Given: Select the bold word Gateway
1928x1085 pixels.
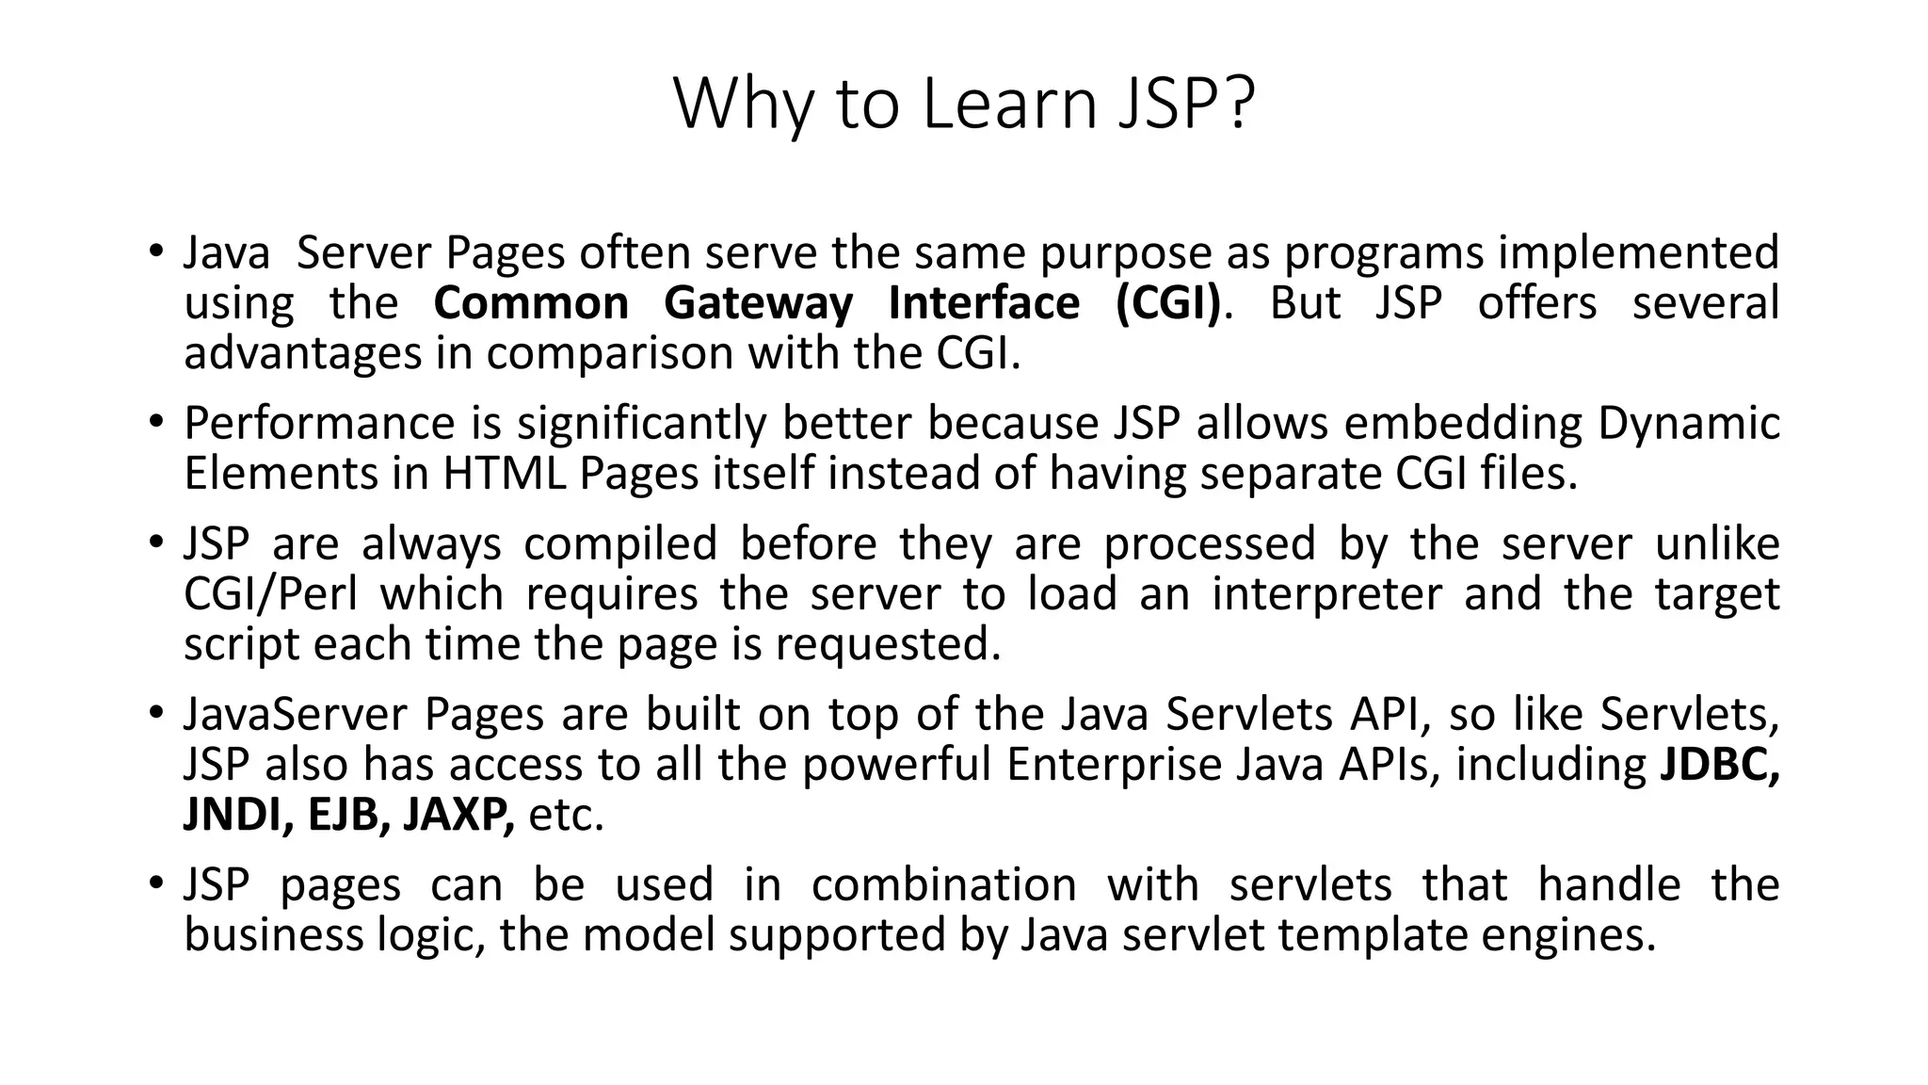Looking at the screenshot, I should [758, 303].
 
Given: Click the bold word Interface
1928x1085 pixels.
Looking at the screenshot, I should [984, 303].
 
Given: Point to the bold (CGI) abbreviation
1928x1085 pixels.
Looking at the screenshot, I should [1167, 303].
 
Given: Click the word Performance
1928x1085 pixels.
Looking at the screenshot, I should [319, 424].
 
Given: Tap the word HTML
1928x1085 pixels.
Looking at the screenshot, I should [504, 473].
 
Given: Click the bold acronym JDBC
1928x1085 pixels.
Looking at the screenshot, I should [1719, 764].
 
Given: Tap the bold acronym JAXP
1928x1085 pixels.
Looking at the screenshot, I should [458, 814].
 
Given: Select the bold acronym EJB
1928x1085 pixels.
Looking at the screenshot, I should [347, 814].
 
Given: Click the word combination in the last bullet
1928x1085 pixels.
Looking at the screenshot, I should [943, 885].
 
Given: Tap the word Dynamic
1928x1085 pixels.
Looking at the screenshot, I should [1688, 424].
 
